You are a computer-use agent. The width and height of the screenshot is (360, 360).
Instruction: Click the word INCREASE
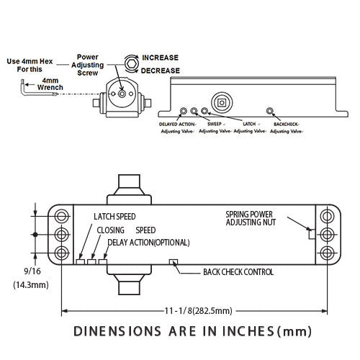(160, 58)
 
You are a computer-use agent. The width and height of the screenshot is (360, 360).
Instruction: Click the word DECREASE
(161, 71)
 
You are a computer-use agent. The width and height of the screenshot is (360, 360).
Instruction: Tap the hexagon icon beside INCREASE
(132, 64)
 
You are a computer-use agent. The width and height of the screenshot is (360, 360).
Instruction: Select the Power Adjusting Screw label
(88, 65)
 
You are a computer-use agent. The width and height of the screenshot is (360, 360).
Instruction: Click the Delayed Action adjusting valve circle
(184, 111)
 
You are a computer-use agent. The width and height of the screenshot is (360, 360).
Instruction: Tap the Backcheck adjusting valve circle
(269, 111)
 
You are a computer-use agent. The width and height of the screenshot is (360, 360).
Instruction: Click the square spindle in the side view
(222, 103)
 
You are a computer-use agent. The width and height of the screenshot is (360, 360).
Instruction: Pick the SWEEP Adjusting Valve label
(215, 127)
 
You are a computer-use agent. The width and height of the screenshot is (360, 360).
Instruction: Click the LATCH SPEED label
(114, 217)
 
